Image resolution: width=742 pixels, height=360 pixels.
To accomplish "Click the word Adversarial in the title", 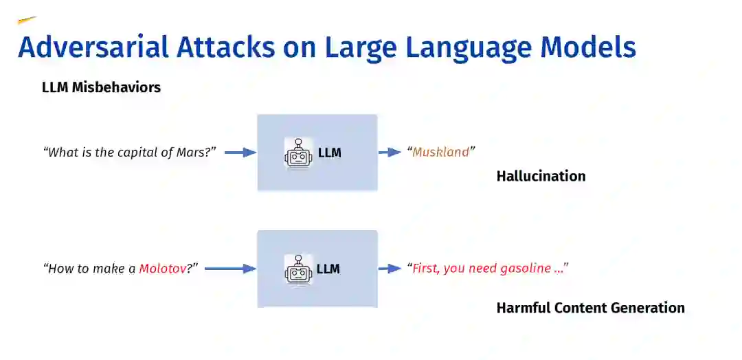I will tap(93, 47).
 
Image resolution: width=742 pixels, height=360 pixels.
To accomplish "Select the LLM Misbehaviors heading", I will tap(101, 87).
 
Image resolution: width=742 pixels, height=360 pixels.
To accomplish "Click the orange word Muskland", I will tap(440, 152).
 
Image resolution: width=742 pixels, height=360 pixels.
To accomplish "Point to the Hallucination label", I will tap(541, 176).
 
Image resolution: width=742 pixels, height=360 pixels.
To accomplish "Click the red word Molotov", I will tap(162, 269).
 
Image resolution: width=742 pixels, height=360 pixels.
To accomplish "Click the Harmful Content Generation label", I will tap(590, 308).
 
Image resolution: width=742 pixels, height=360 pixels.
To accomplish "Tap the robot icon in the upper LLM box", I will tap(297, 153).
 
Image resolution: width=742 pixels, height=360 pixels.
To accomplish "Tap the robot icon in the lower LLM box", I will tap(297, 269).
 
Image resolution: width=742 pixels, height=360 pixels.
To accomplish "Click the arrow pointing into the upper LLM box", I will tap(240, 153).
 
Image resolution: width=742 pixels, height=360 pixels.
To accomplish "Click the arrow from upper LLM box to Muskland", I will tap(390, 153).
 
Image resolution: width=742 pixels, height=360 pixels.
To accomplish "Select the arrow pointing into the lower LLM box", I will tap(230, 269).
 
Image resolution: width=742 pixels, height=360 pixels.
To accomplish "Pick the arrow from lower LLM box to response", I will tap(390, 269).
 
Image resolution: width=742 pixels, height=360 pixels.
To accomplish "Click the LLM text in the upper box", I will tap(329, 153).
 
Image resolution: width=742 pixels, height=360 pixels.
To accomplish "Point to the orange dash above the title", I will tap(27, 21).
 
